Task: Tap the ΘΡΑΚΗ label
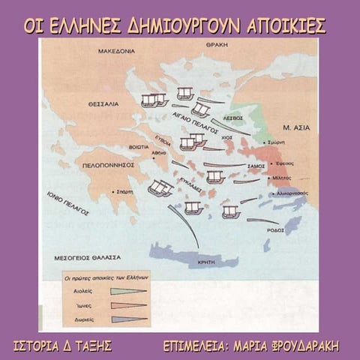217,46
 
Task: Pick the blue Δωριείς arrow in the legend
128,319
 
